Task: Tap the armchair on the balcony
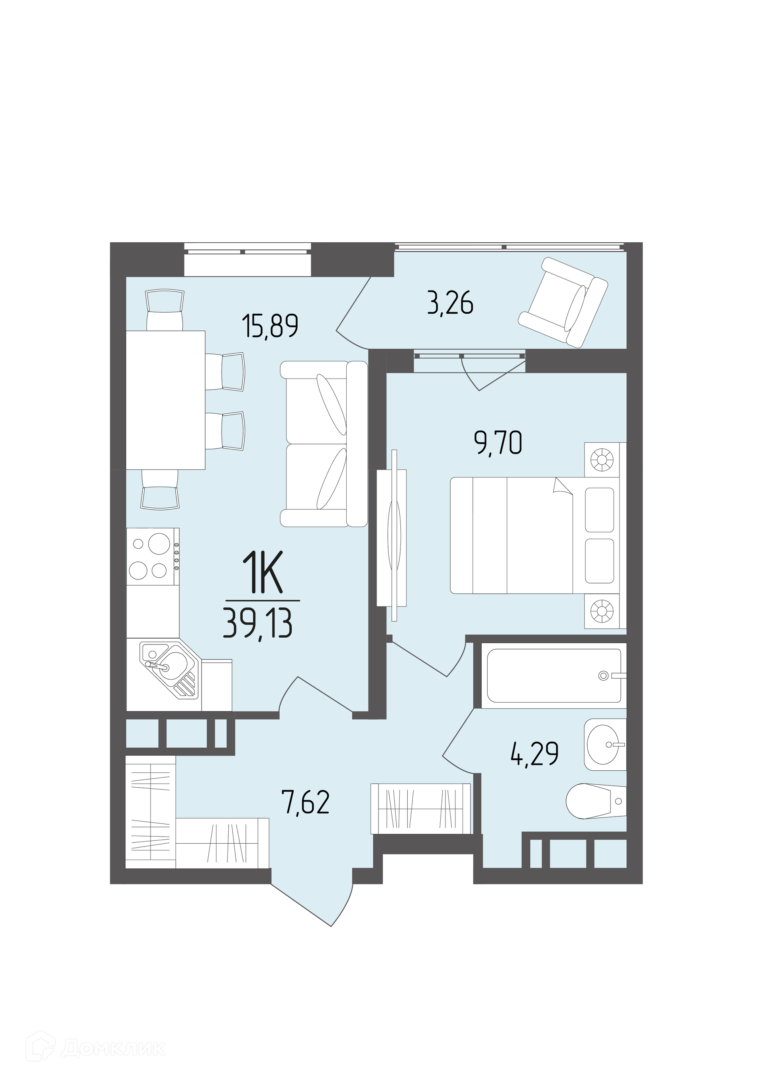[x=563, y=302]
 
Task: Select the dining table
[x=165, y=400]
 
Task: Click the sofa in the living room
[x=324, y=444]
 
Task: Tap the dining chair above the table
[x=165, y=310]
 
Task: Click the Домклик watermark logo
[x=100, y=1045]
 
